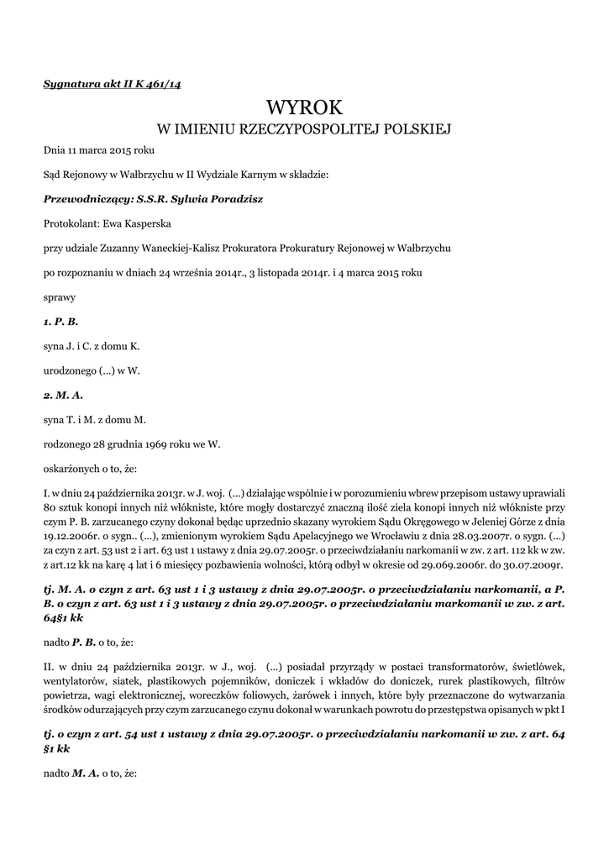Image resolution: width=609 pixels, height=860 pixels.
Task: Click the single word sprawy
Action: point(59,296)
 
